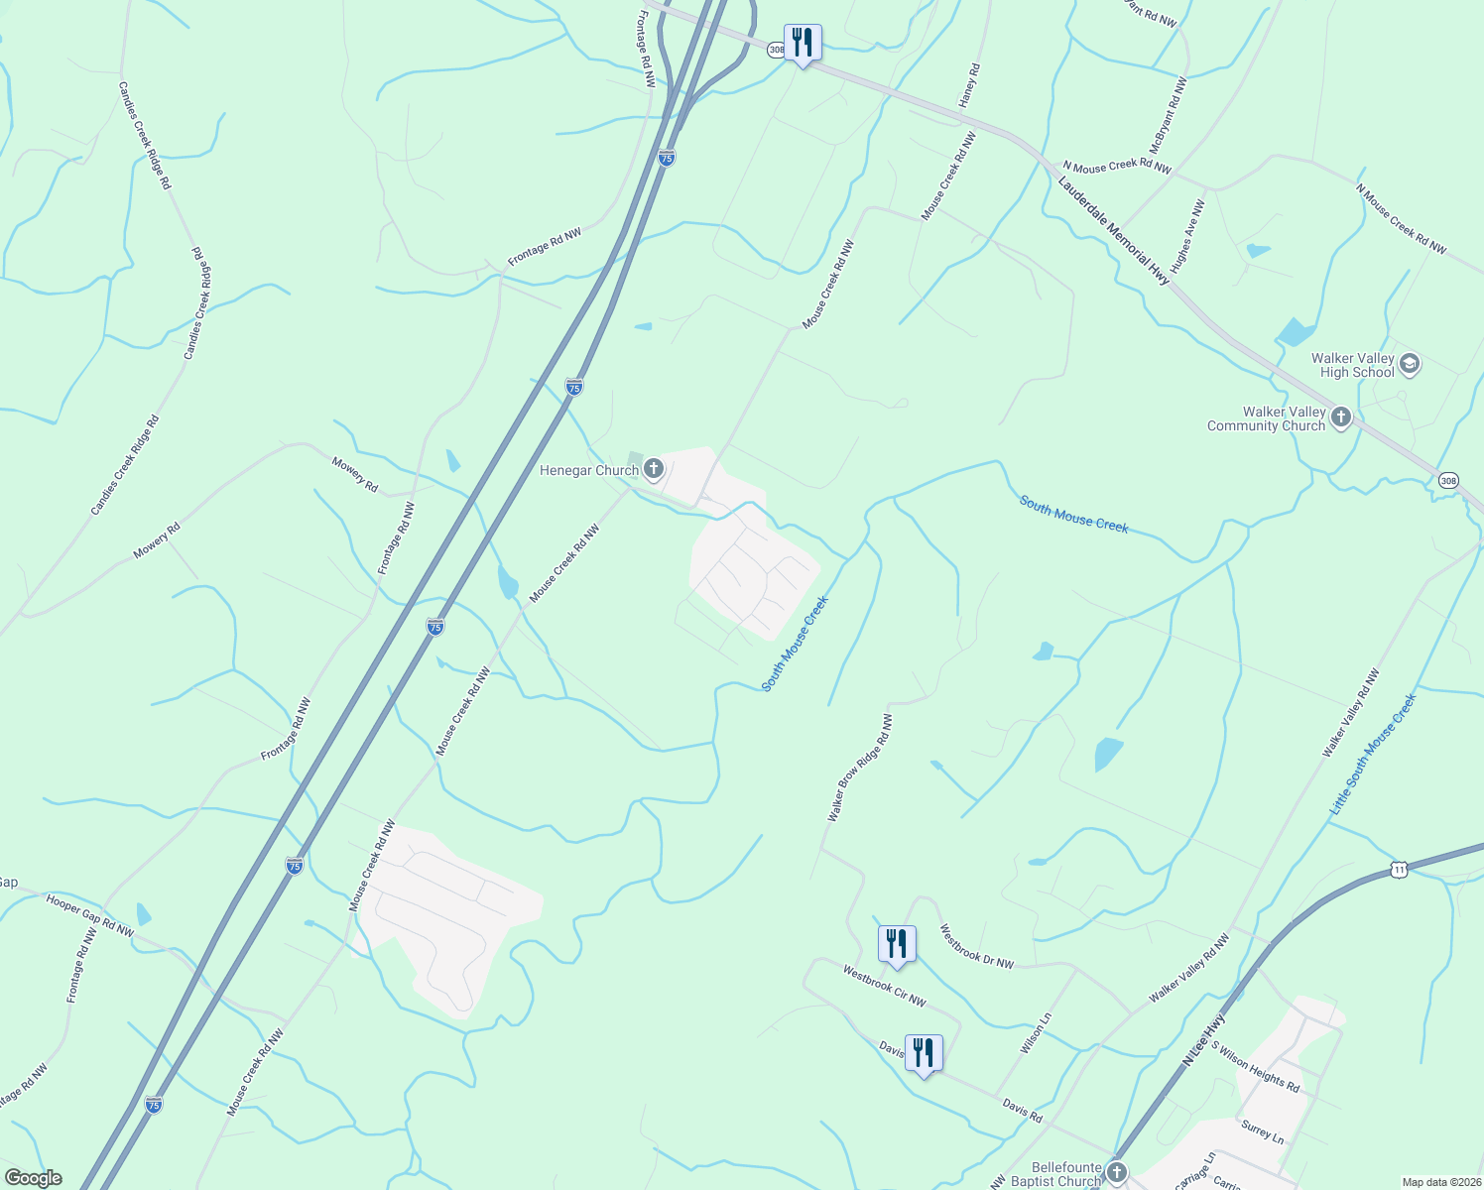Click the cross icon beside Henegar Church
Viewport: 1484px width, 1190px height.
[x=653, y=469]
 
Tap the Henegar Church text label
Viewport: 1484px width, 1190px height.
[x=588, y=470]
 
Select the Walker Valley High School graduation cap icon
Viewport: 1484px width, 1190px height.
[x=1410, y=364]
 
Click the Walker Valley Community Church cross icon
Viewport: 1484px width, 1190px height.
[x=1341, y=417]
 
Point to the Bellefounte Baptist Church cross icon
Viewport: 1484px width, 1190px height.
[x=1117, y=1173]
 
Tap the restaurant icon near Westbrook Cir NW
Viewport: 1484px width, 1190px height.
[x=896, y=943]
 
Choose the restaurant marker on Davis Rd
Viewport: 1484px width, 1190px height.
[x=924, y=1053]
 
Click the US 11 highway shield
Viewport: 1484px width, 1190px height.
[x=1399, y=870]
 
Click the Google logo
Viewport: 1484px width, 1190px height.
[x=33, y=1178]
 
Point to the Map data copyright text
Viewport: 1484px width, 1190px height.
[x=1440, y=1182]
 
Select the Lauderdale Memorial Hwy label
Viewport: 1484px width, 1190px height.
[x=1114, y=231]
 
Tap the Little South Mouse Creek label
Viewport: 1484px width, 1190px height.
[x=1374, y=755]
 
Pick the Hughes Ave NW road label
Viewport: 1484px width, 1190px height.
[x=1187, y=237]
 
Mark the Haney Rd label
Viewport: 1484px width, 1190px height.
[x=969, y=86]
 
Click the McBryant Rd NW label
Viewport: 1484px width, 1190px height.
[x=1168, y=116]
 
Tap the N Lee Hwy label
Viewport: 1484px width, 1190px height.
[x=1204, y=1040]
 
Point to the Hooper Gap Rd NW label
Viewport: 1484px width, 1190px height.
[x=90, y=915]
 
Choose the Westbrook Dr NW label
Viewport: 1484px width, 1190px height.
[x=977, y=947]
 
